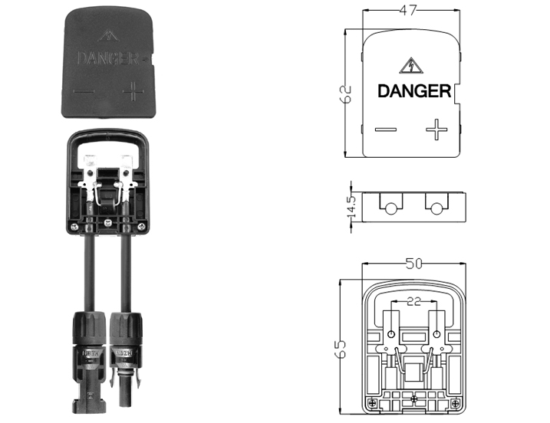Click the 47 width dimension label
tap(408, 10)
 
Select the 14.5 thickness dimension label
tap(351, 207)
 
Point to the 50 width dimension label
tap(414, 264)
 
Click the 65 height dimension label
tap(340, 349)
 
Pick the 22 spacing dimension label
tap(414, 301)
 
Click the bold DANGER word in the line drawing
tap(414, 91)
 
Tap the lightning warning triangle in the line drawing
tap(410, 66)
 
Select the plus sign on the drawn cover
tap(436, 130)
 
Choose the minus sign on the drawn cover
tap(386, 130)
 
